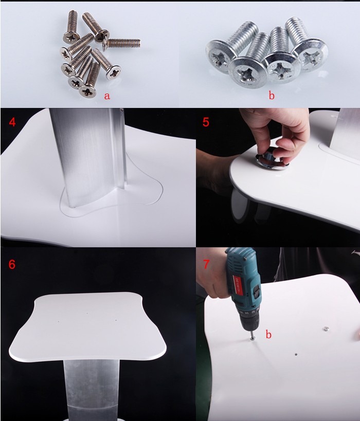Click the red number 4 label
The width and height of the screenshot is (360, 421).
coord(12,123)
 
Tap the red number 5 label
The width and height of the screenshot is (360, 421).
coord(206,123)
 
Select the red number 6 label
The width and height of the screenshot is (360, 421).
coord(12,264)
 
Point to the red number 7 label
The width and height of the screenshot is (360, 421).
coord(206,264)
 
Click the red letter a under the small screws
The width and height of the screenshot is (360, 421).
coord(107,96)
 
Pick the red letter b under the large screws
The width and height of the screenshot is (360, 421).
coord(271,96)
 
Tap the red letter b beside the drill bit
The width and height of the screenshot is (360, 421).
coord(268,335)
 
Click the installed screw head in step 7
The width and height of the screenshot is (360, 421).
coord(325,327)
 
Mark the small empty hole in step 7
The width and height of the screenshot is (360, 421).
coord(295,354)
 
